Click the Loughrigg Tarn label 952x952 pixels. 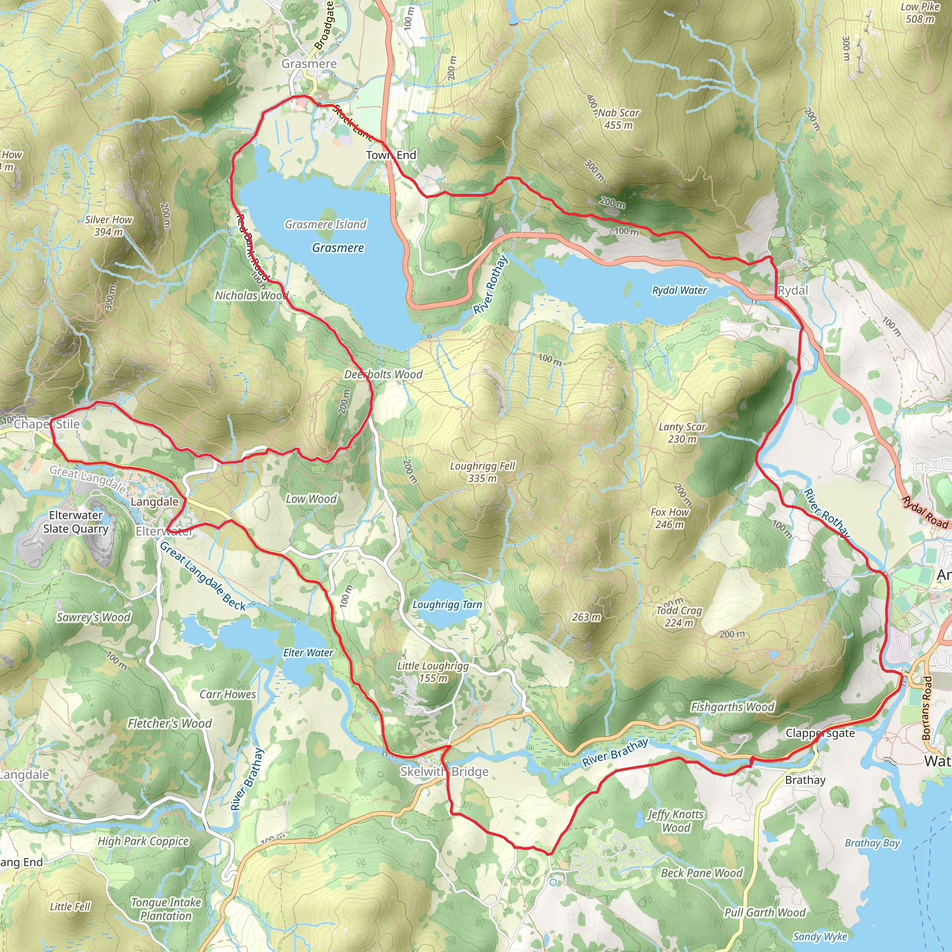pyautogui.click(x=447, y=605)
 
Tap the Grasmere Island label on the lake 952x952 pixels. pyautogui.click(x=326, y=225)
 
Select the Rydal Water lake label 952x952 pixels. pyautogui.click(x=679, y=290)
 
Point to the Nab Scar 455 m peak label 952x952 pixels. pyautogui.click(x=618, y=119)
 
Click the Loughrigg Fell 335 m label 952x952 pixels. pyautogui.click(x=482, y=471)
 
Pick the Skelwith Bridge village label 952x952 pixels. pyautogui.click(x=444, y=772)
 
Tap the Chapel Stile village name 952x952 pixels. pyautogui.click(x=47, y=424)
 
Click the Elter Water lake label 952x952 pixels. pyautogui.click(x=308, y=652)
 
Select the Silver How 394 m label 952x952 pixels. pyautogui.click(x=108, y=225)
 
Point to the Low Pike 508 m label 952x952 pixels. pyautogui.click(x=919, y=13)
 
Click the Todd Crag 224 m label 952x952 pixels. pyautogui.click(x=679, y=616)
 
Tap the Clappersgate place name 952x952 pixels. pyautogui.click(x=820, y=733)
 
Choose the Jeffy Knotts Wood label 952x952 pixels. pyautogui.click(x=675, y=821)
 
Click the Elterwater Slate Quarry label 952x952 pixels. pyautogui.click(x=76, y=522)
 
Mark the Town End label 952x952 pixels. pyautogui.click(x=391, y=155)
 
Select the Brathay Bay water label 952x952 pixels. pyautogui.click(x=872, y=843)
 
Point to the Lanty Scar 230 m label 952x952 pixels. pyautogui.click(x=682, y=433)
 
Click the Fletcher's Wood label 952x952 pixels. pyautogui.click(x=170, y=723)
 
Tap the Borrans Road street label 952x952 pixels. pyautogui.click(x=927, y=707)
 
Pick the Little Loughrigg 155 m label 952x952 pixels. pyautogui.click(x=433, y=672)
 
